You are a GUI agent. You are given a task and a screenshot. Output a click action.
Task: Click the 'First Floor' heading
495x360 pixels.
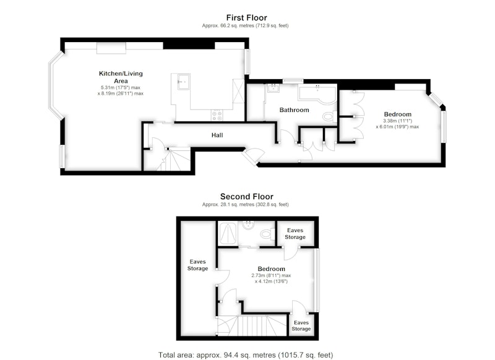pyautogui.click(x=246, y=18)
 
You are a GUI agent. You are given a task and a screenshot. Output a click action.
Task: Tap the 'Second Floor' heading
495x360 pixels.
pyautogui.click(x=246, y=197)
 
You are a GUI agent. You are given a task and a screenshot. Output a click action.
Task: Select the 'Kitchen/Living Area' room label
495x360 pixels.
pyautogui.click(x=121, y=77)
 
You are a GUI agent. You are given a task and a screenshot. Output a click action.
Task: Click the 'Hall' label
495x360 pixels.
pyautogui.click(x=217, y=135)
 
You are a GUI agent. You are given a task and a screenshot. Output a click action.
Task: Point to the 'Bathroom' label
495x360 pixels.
pyautogui.click(x=295, y=110)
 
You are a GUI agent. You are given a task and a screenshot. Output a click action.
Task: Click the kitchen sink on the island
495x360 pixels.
pyautogui.click(x=183, y=82)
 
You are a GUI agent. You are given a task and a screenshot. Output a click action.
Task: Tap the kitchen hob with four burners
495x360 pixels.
pyautogui.click(x=217, y=116)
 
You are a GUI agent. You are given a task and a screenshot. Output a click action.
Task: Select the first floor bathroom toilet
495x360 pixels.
pyautogui.click(x=330, y=116)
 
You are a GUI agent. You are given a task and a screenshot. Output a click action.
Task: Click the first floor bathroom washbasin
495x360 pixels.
pyautogui.click(x=273, y=88)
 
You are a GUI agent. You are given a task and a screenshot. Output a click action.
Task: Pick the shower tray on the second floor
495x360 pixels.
pyautogui.click(x=227, y=233)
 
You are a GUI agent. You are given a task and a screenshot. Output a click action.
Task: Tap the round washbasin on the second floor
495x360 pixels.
pyautogui.click(x=249, y=225)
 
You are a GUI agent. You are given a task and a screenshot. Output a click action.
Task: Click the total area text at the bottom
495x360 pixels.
pyautogui.click(x=246, y=355)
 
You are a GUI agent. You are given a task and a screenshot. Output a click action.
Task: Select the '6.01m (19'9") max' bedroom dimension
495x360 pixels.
pyautogui.click(x=397, y=127)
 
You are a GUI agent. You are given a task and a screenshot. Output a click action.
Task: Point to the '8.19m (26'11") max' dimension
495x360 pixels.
pyautogui.click(x=121, y=93)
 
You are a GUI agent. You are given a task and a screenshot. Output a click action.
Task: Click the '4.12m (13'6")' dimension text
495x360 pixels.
pyautogui.click(x=271, y=281)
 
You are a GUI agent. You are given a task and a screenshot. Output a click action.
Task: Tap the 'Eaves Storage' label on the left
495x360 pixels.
pyautogui.click(x=197, y=265)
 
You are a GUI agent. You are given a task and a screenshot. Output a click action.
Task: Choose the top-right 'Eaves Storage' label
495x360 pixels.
pyautogui.click(x=295, y=233)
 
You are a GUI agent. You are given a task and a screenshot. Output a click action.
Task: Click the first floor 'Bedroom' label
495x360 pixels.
pyautogui.click(x=397, y=114)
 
